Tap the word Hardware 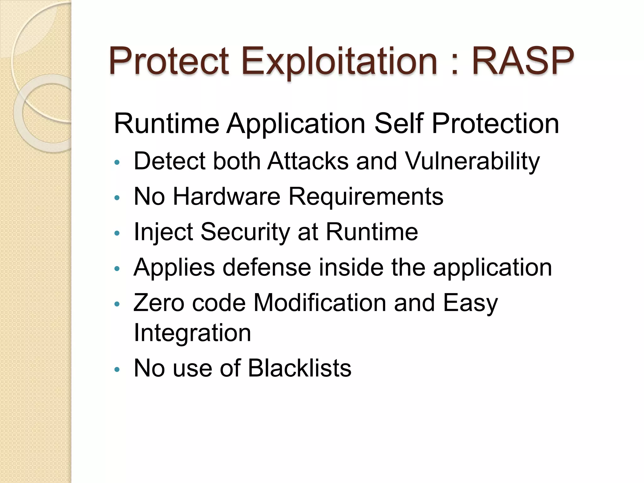226,197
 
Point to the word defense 267,268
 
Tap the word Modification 320,303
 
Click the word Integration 192,333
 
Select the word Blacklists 299,368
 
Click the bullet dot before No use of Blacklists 117,369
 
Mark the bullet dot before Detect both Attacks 117,163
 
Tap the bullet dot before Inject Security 117,233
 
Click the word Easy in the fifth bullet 470,303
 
